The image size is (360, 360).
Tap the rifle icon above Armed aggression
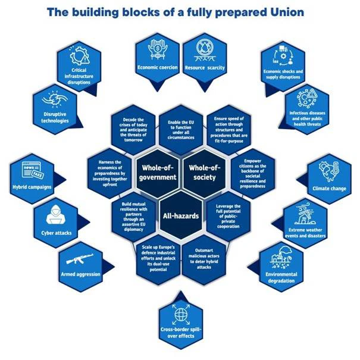click(x=80, y=259)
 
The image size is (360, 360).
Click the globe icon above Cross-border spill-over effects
click(x=181, y=315)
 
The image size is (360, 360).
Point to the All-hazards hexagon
click(x=181, y=216)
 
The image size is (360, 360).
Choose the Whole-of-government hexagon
click(x=158, y=173)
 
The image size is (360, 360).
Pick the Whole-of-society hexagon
click(x=205, y=173)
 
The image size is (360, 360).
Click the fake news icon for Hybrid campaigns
click(x=32, y=170)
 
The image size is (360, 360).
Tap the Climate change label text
click(x=329, y=189)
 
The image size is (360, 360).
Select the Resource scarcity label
click(x=205, y=68)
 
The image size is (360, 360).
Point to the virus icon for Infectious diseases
click(x=306, y=98)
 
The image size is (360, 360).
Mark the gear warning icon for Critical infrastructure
click(x=80, y=56)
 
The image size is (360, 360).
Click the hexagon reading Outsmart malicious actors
click(x=204, y=259)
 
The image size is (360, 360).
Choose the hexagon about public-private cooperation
click(x=228, y=216)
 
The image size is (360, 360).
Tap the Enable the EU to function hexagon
click(x=181, y=130)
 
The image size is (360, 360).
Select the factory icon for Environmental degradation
click(x=281, y=258)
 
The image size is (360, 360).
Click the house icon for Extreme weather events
click(x=305, y=214)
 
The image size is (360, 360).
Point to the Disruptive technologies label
click(x=55, y=118)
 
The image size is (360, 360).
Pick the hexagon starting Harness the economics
click(x=110, y=174)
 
